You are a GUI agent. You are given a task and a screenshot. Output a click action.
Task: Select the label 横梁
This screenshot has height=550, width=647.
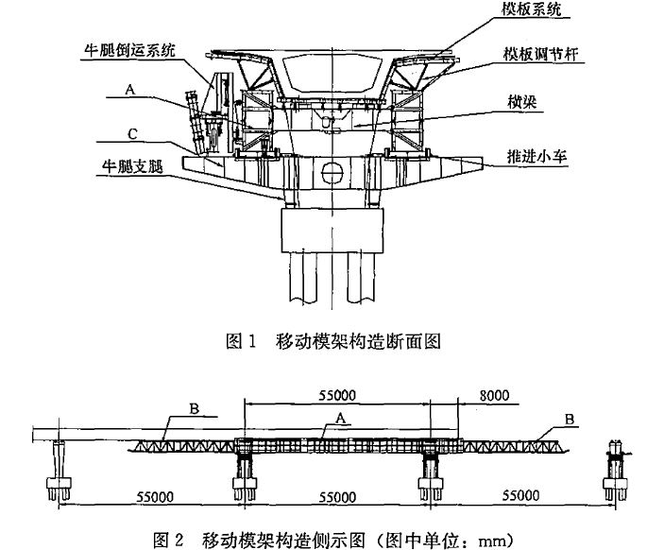tap(523, 102)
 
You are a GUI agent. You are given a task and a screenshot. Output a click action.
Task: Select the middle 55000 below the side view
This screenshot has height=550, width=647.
tap(336, 496)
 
